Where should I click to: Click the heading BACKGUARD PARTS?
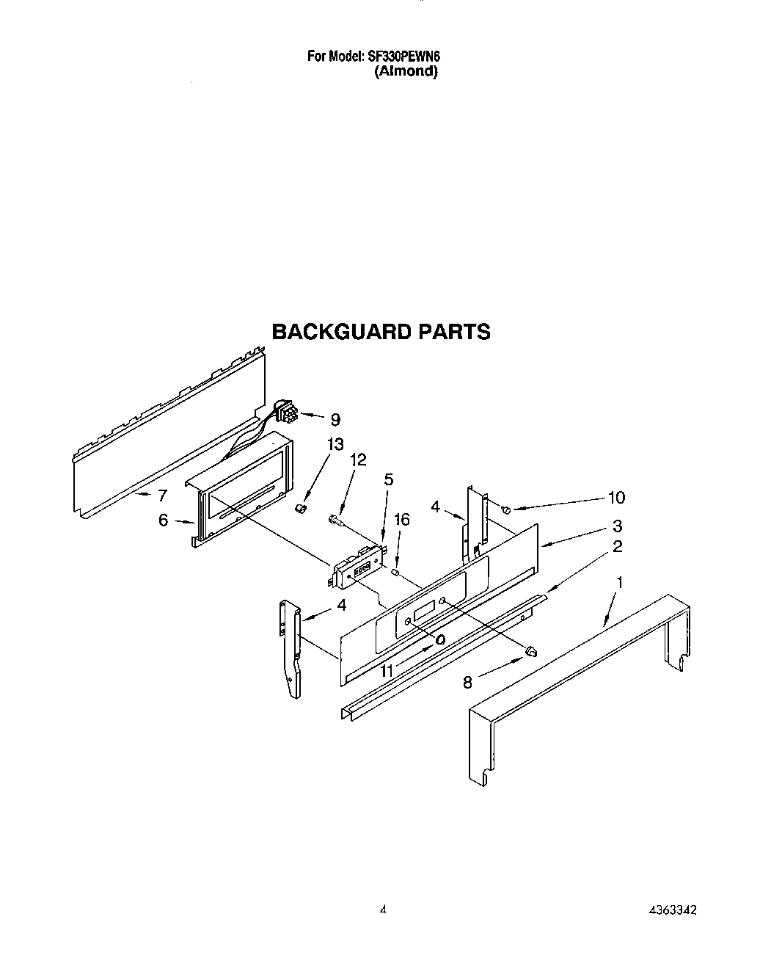(x=381, y=332)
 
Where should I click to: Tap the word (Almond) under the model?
(x=406, y=71)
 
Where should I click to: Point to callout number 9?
(x=335, y=420)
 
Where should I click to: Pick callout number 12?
(x=358, y=460)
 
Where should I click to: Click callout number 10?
(x=615, y=498)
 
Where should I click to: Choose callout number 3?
(x=617, y=526)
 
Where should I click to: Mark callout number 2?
(x=617, y=546)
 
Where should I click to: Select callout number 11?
(x=387, y=670)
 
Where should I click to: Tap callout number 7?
(x=162, y=496)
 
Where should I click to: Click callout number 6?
(x=163, y=520)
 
